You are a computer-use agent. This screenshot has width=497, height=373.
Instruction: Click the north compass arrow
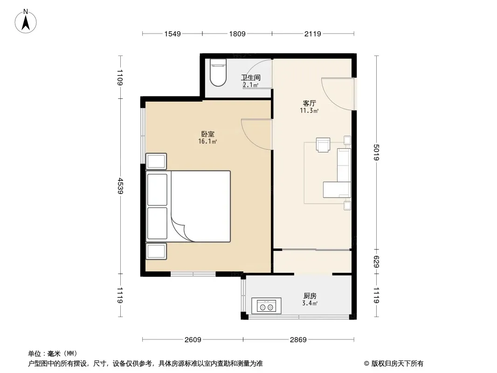click(x=26, y=23)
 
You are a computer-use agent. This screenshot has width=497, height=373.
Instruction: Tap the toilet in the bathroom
click(x=218, y=72)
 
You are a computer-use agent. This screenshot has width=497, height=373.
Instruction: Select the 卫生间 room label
click(x=251, y=77)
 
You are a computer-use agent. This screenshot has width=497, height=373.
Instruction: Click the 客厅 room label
click(x=310, y=104)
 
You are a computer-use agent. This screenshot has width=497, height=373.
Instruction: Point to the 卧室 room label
click(x=207, y=134)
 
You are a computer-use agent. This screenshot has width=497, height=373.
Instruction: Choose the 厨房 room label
click(x=310, y=296)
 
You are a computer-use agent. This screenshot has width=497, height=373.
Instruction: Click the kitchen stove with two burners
click(x=266, y=306)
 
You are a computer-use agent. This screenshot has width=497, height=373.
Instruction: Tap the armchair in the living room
click(x=323, y=145)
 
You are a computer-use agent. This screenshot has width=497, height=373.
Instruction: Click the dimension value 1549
click(x=173, y=34)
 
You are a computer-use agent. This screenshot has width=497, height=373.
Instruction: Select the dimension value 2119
click(x=312, y=34)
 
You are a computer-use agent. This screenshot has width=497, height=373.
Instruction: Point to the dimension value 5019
click(x=376, y=152)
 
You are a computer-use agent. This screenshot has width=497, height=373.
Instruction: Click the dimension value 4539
click(x=120, y=186)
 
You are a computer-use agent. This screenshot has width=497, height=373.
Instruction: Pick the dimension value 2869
click(x=298, y=340)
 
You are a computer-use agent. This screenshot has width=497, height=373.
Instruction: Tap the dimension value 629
click(x=376, y=262)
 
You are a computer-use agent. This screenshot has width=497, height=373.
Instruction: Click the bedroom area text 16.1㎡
click(x=207, y=142)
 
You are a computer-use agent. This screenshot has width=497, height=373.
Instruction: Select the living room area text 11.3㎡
click(x=310, y=111)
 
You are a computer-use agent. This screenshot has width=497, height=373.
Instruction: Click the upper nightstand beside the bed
click(x=156, y=161)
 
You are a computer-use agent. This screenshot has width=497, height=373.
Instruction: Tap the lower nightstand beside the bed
click(x=156, y=251)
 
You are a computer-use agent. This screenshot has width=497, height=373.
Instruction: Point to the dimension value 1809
click(x=237, y=34)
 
